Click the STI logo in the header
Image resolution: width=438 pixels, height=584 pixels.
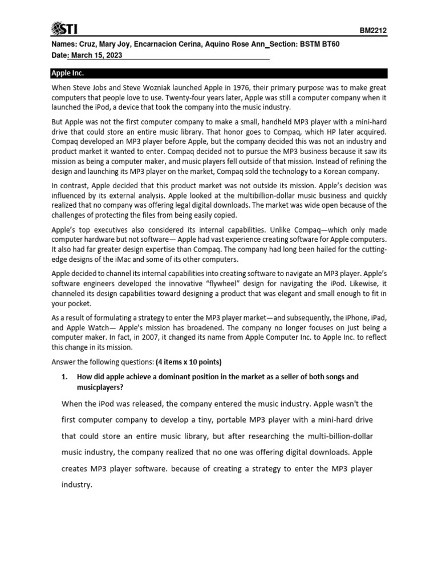[x=64, y=28]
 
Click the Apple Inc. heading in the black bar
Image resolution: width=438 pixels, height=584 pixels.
[x=67, y=74]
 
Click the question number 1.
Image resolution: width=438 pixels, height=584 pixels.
[x=64, y=377]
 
